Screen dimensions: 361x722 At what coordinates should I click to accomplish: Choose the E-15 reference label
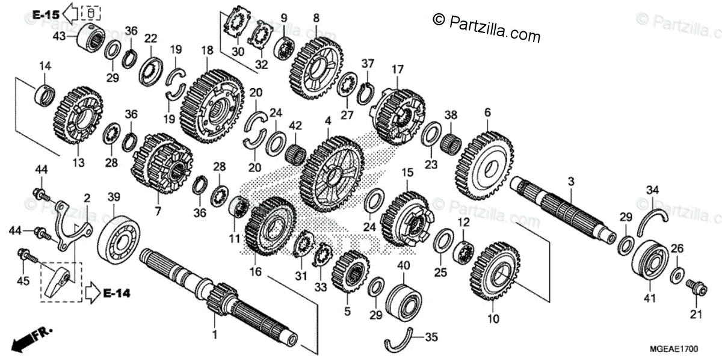(x=46, y=13)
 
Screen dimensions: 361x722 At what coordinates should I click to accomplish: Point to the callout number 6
(x=487, y=112)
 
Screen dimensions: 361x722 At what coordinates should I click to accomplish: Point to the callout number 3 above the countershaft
(x=571, y=180)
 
